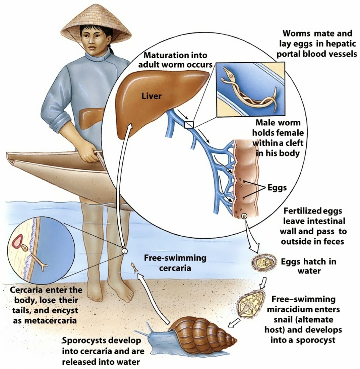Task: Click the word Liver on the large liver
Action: point(152,96)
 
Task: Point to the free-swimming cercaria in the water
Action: point(135,267)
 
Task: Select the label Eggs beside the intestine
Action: point(277,187)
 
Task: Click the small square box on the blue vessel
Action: point(189,125)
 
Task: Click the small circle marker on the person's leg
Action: point(124,250)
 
